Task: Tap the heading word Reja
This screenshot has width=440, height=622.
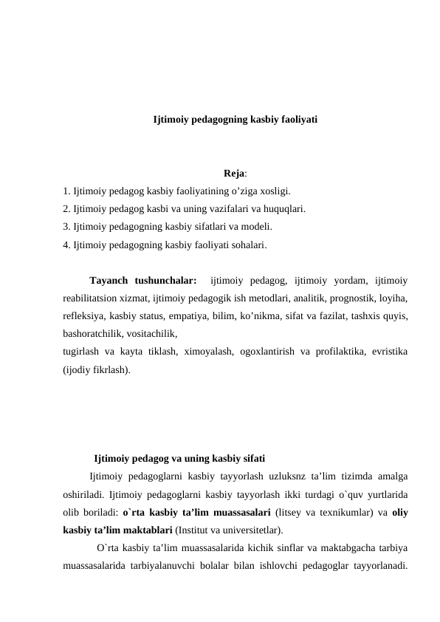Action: point(235,174)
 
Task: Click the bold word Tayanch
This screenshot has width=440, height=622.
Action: point(109,281)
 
